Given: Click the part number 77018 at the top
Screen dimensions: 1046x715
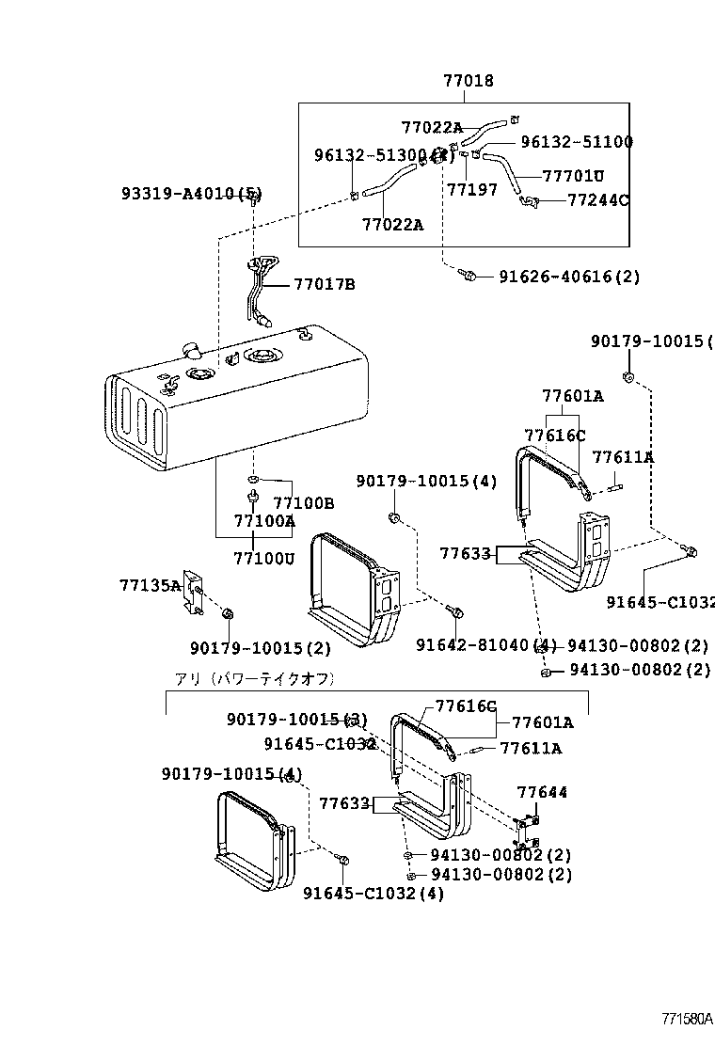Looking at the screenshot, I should coord(468,82).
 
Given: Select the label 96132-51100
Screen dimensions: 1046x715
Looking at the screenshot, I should coord(576,142).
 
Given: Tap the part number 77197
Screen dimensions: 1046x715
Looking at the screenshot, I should coord(471,190).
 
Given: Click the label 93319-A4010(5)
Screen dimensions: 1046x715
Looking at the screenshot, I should coord(191,194).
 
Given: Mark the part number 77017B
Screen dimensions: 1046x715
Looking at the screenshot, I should coord(324,284).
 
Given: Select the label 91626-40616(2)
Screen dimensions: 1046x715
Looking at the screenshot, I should coord(568,277).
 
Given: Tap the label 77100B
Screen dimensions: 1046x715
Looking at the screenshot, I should coord(303,503).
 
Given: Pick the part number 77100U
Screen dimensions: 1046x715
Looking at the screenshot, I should coord(263,558).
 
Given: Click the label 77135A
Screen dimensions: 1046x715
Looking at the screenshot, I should coord(150,585).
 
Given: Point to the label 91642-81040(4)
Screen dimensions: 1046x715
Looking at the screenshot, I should coord(486,645).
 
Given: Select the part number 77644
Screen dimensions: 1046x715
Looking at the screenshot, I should coord(542,793).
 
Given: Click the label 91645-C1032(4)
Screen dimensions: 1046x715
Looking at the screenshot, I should coord(373,893).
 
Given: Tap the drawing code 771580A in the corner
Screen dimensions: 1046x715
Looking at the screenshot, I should coord(686,1020).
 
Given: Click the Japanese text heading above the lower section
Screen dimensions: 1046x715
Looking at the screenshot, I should coord(254,678).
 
